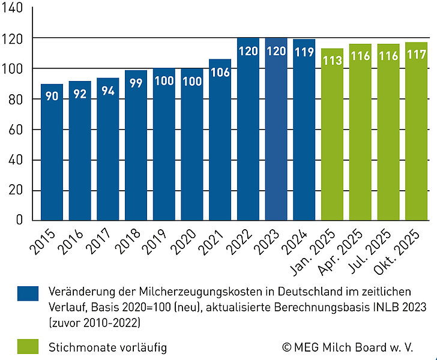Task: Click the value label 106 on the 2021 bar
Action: tap(220, 72)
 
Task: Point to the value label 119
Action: tap(304, 52)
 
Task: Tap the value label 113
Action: tap(332, 61)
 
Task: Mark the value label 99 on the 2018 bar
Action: tap(136, 83)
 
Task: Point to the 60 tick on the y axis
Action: tap(16, 130)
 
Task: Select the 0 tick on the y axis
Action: tap(19, 220)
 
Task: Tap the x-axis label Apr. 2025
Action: tap(352, 251)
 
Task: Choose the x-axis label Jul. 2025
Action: tap(381, 251)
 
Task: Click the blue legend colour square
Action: tap(28, 293)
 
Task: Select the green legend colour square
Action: tap(28, 346)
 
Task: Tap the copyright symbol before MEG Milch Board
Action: tap(287, 347)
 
